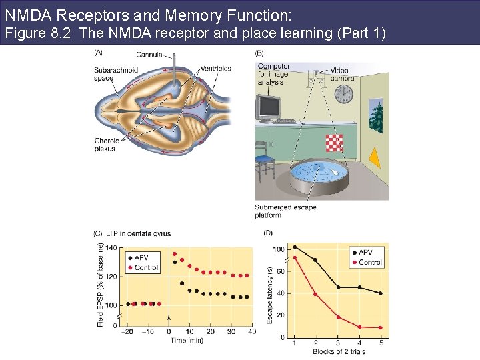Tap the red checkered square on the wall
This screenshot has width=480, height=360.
tap(334, 143)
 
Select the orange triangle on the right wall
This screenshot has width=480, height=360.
tap(375, 158)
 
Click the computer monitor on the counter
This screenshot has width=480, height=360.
tap(269, 107)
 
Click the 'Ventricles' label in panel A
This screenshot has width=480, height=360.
tap(216, 69)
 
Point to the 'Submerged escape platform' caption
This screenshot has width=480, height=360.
tap(285, 211)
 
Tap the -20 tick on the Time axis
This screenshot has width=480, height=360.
tap(128, 331)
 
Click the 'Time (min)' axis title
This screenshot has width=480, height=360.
tap(185, 340)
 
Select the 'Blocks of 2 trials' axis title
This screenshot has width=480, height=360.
tap(337, 351)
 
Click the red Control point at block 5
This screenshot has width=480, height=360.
tap(381, 327)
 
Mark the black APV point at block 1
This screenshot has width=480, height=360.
tap(295, 247)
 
